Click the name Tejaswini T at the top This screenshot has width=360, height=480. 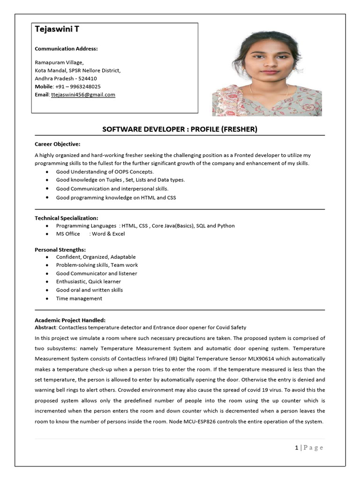57,29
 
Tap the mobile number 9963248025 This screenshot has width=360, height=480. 84,87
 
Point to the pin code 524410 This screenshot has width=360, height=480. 88,79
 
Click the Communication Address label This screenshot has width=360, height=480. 66,49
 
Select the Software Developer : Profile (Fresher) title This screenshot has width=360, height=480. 180,129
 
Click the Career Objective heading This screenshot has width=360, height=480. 57,144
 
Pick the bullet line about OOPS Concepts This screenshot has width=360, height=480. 105,172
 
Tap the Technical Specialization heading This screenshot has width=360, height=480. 66,218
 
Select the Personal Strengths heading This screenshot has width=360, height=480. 60,249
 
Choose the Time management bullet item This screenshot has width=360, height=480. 79,299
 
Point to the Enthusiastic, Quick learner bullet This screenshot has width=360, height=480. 88,282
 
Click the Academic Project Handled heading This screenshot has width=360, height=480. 70,320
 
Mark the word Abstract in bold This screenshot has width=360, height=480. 45,327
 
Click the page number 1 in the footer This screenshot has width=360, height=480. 297,448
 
